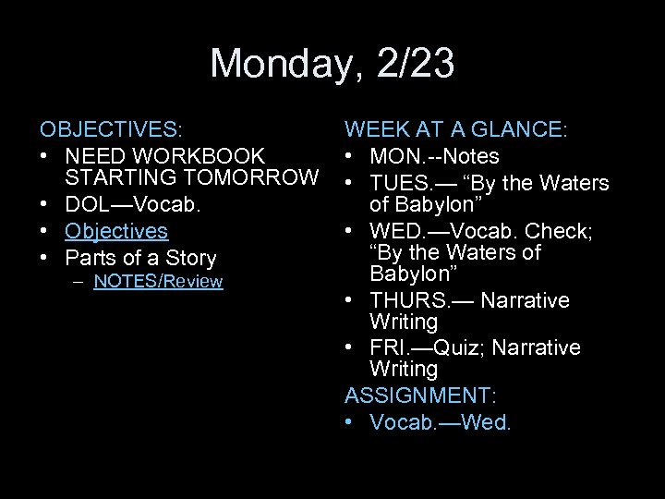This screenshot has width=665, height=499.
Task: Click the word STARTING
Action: pos(121,176)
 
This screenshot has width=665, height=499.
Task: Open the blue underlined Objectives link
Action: pos(116,230)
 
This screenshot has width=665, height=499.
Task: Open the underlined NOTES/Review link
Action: pos(158,281)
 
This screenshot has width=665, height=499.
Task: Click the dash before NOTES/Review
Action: pos(81,281)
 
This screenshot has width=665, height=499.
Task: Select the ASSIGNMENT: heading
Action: pos(420,396)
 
